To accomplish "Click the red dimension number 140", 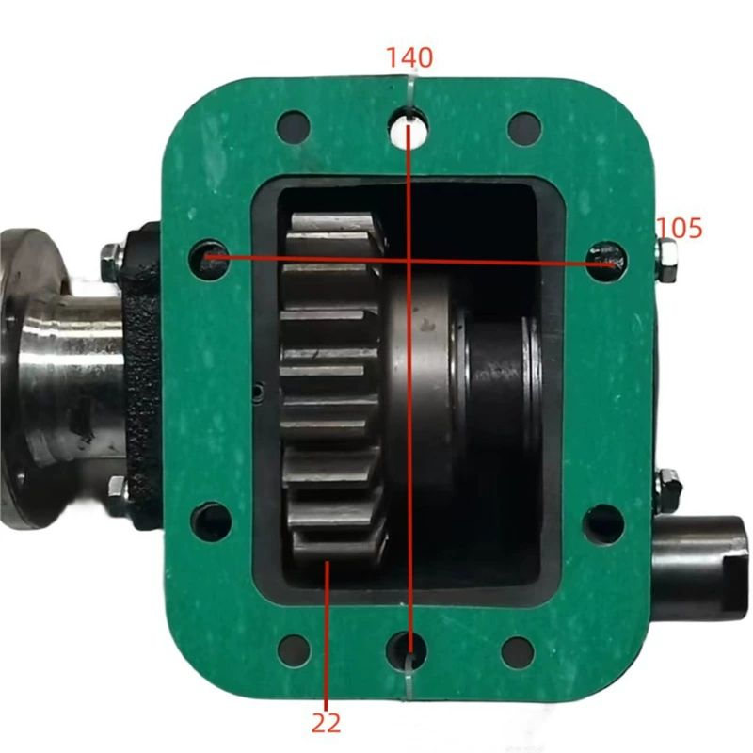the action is [409, 57].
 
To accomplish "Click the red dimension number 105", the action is [679, 228].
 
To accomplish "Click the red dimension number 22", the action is [326, 722].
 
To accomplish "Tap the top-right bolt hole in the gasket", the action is [524, 128].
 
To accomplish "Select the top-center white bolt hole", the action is [409, 127].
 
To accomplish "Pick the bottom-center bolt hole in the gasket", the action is [407, 650].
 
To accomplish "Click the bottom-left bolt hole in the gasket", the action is [294, 650].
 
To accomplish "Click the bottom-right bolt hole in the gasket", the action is [518, 652].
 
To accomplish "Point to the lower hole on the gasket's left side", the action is [211, 521].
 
